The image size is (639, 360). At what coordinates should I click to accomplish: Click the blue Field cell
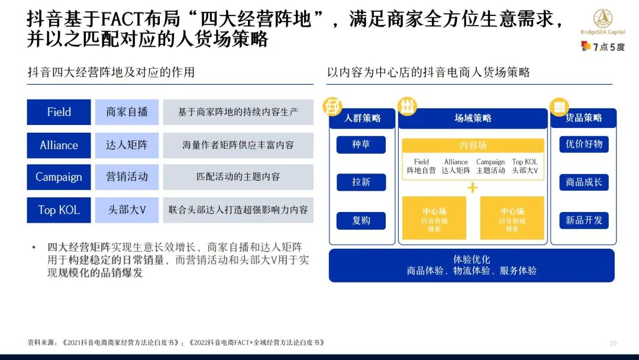(59, 112)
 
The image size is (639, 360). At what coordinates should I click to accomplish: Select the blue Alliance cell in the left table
(59, 145)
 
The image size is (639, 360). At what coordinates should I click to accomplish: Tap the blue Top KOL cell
(59, 210)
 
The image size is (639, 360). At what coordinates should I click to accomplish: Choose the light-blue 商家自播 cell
(127, 112)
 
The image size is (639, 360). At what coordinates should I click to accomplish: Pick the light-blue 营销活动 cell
(127, 177)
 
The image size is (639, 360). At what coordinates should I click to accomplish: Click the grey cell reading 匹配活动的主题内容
(238, 177)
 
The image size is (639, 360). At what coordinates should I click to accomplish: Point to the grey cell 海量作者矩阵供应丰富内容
(238, 145)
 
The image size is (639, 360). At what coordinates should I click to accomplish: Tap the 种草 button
(361, 144)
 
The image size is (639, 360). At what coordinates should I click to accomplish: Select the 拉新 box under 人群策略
(361, 182)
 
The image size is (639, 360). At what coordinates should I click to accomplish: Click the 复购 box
(361, 220)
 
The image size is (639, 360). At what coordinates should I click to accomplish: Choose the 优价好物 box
(583, 144)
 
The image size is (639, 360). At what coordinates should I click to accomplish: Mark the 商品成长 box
(583, 182)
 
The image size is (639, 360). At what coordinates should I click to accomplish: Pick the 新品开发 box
(583, 220)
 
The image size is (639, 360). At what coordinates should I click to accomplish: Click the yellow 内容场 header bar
(473, 146)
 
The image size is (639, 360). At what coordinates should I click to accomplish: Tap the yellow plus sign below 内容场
(473, 188)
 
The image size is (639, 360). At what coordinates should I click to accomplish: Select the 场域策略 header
(473, 118)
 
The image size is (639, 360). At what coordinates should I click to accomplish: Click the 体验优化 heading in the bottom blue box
(472, 259)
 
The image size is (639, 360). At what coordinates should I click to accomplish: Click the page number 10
(612, 343)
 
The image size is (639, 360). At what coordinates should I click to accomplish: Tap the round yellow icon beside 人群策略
(333, 107)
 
